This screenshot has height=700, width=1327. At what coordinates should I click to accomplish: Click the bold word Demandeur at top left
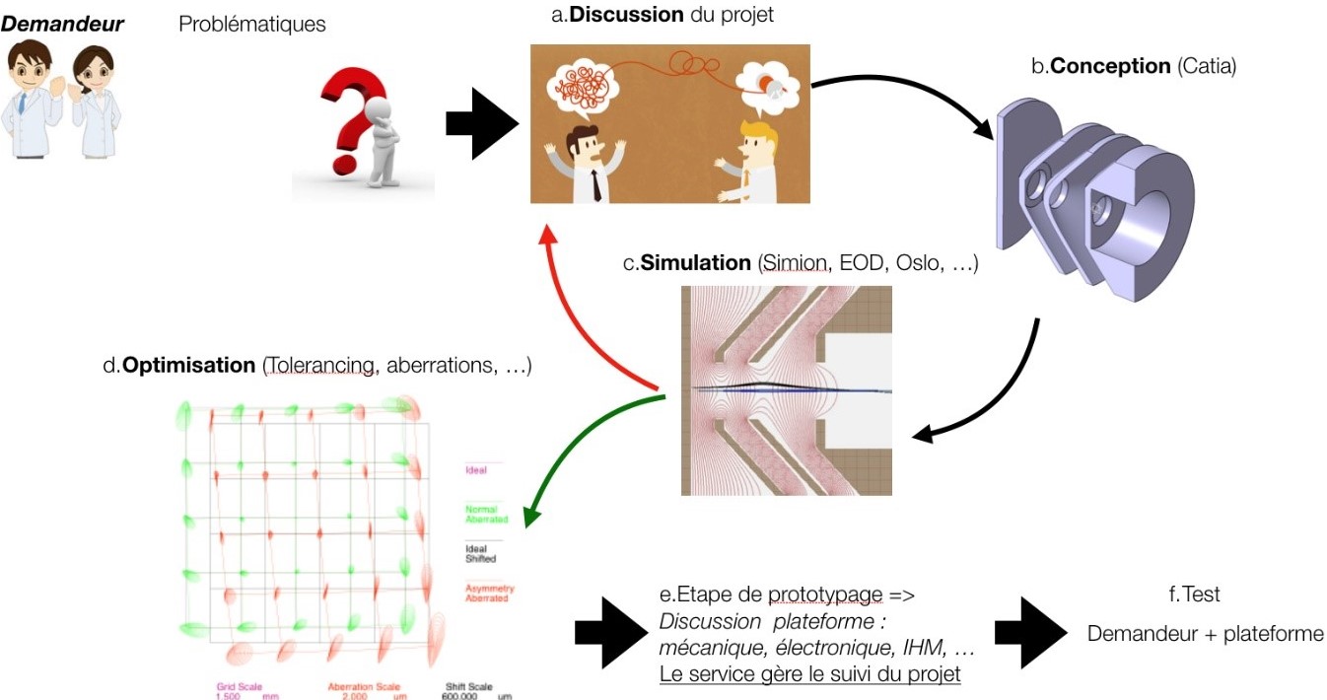63,24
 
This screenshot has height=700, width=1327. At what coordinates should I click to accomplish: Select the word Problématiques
252,25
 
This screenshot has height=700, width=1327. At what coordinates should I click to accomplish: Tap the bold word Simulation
696,263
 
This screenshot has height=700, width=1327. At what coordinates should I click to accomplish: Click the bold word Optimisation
188,365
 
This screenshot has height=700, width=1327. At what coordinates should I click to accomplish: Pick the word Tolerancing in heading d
319,365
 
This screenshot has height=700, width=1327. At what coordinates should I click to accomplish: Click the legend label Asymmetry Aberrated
487,593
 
